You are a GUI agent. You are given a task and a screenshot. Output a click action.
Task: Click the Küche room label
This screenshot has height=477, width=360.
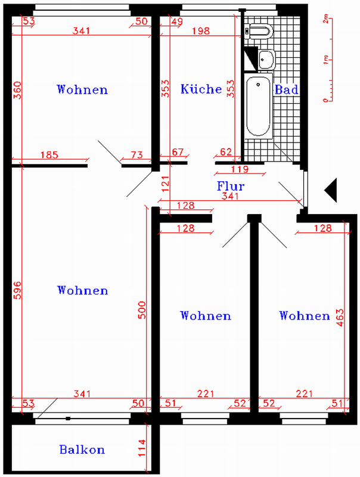[201, 89]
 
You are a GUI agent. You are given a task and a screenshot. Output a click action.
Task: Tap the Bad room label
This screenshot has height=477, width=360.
[287, 90]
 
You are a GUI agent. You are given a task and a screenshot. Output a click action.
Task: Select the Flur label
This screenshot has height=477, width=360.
[231, 186]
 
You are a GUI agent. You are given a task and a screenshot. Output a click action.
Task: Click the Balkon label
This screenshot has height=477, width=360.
[82, 450]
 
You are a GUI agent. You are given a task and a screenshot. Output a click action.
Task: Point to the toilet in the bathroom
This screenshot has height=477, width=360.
[259, 32]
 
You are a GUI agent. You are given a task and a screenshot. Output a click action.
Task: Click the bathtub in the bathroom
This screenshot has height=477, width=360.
[259, 106]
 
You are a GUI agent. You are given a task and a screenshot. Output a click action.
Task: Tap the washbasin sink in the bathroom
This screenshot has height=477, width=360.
[266, 60]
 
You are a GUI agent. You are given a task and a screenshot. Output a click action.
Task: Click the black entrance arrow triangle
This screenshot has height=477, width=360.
[331, 190]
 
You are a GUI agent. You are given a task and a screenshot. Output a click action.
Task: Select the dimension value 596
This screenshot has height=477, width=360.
[17, 290]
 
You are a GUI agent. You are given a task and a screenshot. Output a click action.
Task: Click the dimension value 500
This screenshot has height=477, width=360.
[142, 310]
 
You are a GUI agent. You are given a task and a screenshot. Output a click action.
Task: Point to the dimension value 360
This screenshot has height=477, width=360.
[17, 90]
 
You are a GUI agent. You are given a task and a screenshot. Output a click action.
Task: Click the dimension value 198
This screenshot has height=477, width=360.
[201, 31]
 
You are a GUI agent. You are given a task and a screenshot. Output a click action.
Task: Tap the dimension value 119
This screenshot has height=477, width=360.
[240, 169]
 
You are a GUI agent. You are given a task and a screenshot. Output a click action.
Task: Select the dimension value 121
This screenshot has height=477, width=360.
[165, 184]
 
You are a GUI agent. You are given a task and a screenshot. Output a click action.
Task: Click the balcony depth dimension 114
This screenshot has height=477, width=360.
[142, 448]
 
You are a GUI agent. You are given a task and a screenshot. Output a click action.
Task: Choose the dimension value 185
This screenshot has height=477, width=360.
[49, 155]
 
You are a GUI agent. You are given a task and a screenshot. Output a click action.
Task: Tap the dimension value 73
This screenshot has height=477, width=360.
[136, 155]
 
